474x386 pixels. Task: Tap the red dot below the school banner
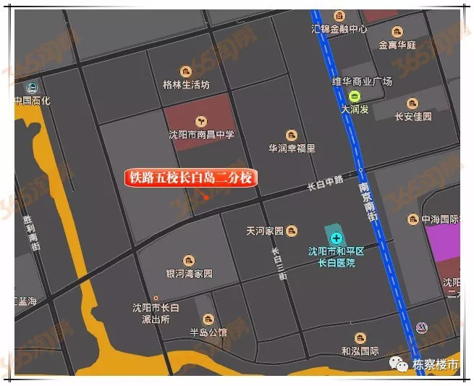click(206, 197)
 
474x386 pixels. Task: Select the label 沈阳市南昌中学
click(201, 135)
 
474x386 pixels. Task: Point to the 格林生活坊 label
click(186, 85)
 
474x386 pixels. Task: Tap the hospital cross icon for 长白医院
click(337, 238)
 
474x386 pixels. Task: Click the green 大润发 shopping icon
click(355, 96)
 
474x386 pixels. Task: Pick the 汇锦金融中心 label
click(339, 30)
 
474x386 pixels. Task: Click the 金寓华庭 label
click(397, 45)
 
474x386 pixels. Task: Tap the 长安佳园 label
click(413, 116)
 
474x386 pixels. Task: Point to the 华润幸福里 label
click(292, 148)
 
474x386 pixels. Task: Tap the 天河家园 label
click(265, 231)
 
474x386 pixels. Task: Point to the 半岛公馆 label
click(208, 332)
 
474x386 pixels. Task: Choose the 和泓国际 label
click(360, 351)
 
